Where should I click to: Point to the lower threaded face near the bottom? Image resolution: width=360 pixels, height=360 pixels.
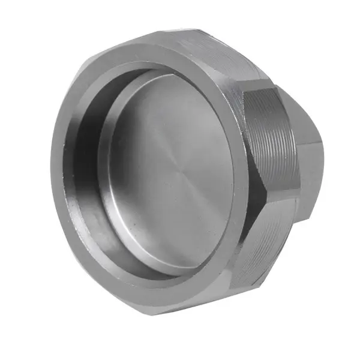click(264, 240)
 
